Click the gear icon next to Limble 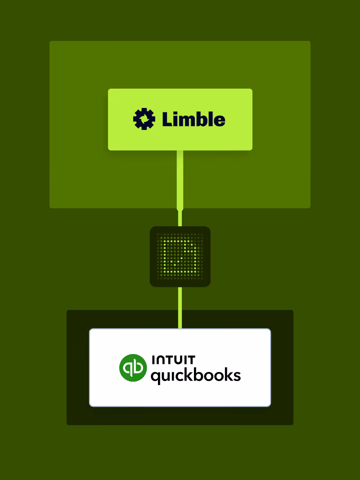pyautogui.click(x=144, y=119)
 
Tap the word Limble pyautogui.click(x=193, y=119)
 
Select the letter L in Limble pyautogui.click(x=167, y=119)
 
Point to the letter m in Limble pyautogui.click(x=189, y=121)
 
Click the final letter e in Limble pyautogui.click(x=219, y=121)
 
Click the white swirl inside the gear pyautogui.click(x=144, y=119)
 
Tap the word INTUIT pyautogui.click(x=173, y=359)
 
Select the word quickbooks pyautogui.click(x=196, y=375)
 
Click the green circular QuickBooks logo pyautogui.click(x=133, y=368)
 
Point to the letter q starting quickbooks pyautogui.click(x=155, y=376)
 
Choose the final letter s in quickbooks pyautogui.click(x=237, y=376)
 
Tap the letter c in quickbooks pyautogui.click(x=177, y=376)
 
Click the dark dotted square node pyautogui.click(x=180, y=256)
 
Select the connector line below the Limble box pyautogui.click(x=180, y=180)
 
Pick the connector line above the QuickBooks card pyautogui.click(x=180, y=308)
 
